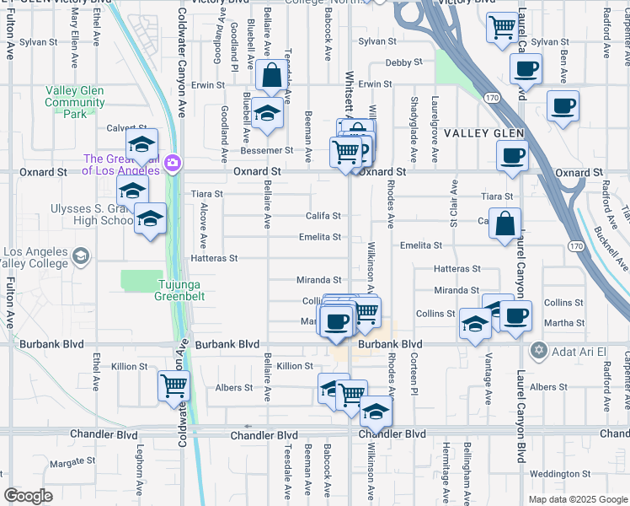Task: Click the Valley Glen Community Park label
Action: (x=75, y=103)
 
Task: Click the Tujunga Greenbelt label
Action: (x=179, y=290)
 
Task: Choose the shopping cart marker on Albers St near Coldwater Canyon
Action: (x=174, y=386)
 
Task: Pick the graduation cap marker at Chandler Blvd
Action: (x=376, y=412)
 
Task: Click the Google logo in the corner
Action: (x=29, y=496)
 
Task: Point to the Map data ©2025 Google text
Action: (x=578, y=499)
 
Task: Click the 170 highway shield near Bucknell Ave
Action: (x=575, y=246)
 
